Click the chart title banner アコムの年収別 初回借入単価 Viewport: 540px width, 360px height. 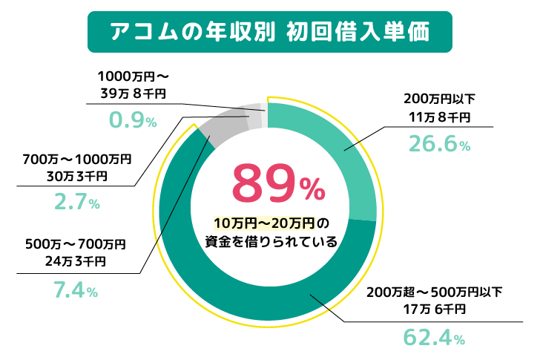point(269,33)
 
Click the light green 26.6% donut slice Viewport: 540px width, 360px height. point(341,156)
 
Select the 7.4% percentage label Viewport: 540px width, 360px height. point(75,291)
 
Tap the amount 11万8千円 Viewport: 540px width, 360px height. point(438,117)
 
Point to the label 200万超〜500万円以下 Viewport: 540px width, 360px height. point(435,290)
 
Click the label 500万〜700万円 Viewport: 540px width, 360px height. point(74,243)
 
